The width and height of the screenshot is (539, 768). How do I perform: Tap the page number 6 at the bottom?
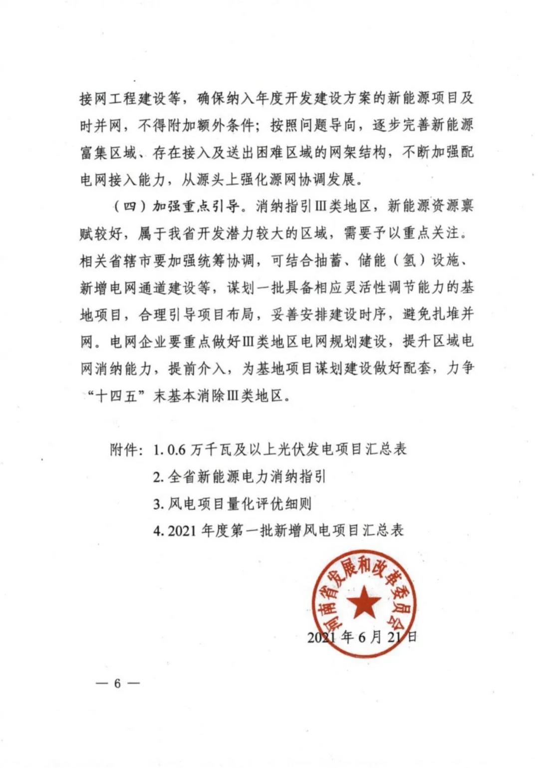click(117, 683)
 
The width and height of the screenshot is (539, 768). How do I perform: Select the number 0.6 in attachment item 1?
click(176, 450)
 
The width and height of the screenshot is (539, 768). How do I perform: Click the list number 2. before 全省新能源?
click(158, 477)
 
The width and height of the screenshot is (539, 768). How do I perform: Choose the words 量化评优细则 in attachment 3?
click(269, 503)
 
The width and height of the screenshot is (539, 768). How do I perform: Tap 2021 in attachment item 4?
click(182, 530)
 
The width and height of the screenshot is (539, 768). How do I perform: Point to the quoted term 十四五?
click(117, 396)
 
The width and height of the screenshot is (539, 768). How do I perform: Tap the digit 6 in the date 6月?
click(362, 637)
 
